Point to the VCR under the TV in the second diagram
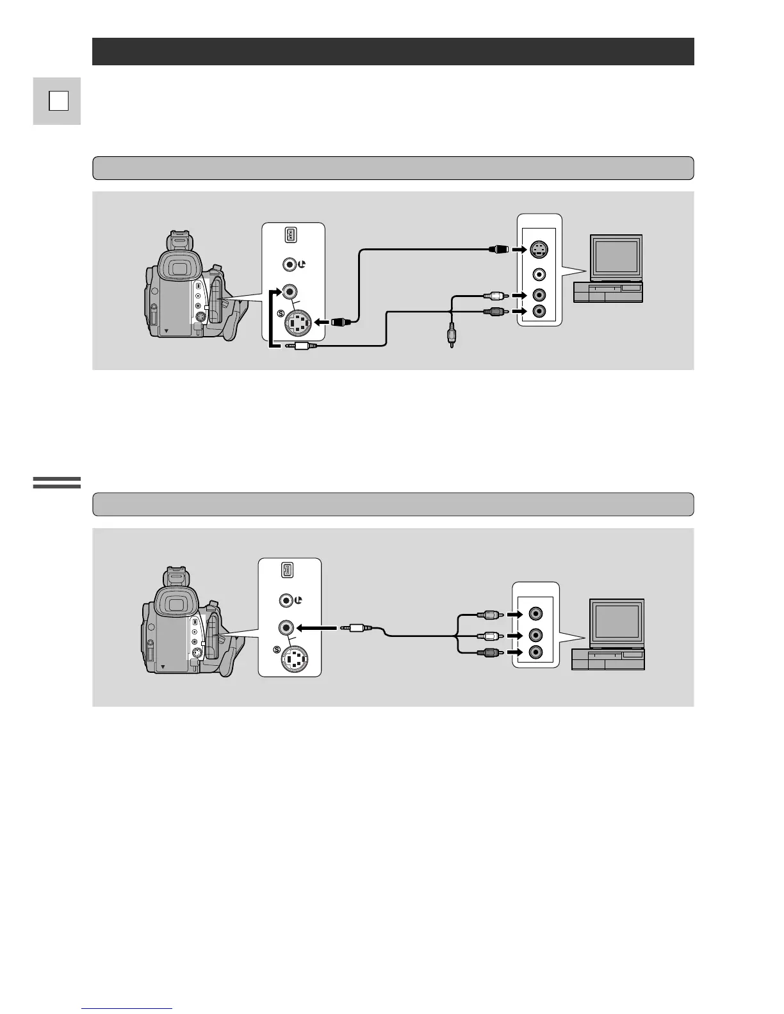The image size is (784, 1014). pos(608,659)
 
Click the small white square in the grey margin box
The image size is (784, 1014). pos(58,101)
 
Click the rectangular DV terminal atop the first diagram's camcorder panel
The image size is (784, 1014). pos(290,236)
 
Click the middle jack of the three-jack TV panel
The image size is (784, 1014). pos(535,636)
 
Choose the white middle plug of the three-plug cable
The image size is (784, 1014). pos(491,636)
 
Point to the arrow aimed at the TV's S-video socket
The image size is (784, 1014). pos(519,249)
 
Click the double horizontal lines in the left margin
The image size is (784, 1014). pos(57,483)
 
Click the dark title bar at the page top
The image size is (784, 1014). pos(393,51)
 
